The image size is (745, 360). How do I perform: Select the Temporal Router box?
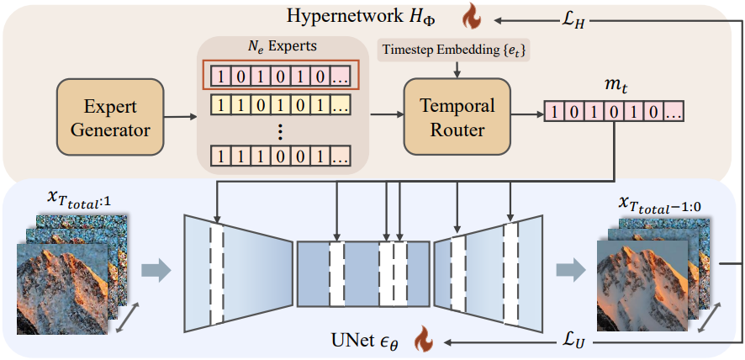[x=457, y=118]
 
